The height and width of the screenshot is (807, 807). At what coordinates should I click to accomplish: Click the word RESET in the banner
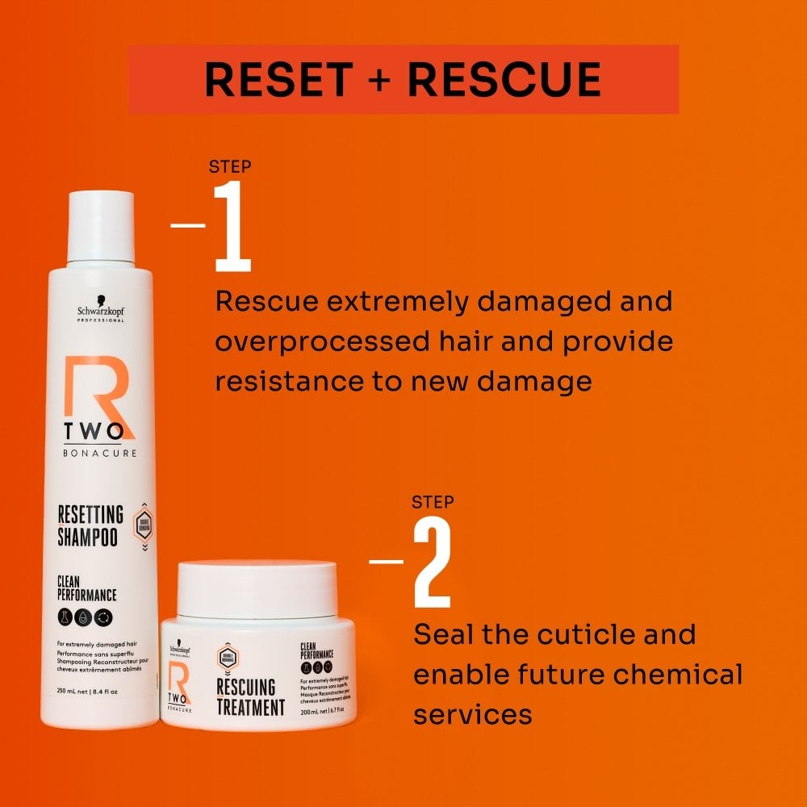(278, 79)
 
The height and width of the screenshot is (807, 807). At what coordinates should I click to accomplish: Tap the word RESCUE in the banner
(504, 79)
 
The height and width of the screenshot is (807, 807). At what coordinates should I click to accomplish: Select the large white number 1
(232, 228)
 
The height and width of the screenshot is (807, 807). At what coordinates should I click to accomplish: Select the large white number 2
(432, 562)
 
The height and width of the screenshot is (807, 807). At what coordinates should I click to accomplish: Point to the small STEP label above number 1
(230, 167)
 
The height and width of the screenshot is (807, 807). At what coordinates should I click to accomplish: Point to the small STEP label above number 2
(433, 502)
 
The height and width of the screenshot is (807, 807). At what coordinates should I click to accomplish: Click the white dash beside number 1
(188, 226)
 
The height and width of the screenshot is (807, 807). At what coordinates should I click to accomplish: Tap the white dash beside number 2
(387, 560)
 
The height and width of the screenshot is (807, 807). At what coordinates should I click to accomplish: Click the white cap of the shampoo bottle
(100, 226)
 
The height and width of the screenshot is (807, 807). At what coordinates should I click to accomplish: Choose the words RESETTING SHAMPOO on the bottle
(90, 525)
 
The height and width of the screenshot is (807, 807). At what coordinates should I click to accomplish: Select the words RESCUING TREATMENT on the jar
(249, 698)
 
